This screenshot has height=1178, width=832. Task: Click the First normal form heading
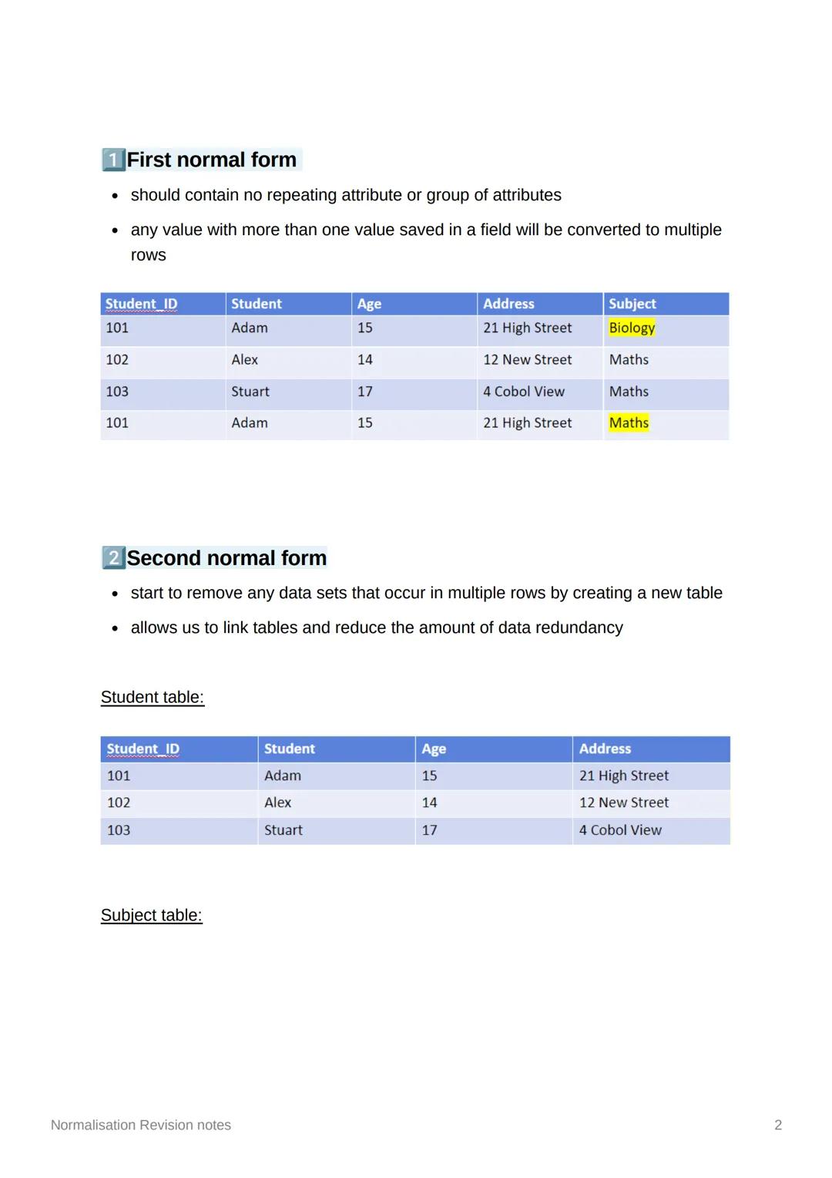coord(211,160)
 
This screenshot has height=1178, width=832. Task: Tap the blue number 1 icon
coord(113,160)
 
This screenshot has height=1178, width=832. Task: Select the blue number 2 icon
coord(113,557)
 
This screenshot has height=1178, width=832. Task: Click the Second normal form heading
coord(226,557)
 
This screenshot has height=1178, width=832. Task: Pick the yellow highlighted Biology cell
coord(632,328)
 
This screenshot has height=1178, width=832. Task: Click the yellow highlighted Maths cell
coord(629,422)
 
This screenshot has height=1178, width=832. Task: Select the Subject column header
coord(632,304)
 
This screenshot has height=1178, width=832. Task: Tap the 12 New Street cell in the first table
coord(527,360)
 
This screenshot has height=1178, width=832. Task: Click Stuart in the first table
coord(250,392)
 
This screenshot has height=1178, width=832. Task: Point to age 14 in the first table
coord(365,360)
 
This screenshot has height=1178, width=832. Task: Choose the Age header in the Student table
coord(434,749)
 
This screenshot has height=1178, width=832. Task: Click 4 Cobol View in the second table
coord(620,830)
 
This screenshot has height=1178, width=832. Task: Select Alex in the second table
coord(277,803)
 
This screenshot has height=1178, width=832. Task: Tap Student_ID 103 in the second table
coord(119,830)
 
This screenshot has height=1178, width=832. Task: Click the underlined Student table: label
coord(153,697)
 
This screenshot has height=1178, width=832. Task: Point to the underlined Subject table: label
coord(151,915)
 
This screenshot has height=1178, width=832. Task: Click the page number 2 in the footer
coord(778,1125)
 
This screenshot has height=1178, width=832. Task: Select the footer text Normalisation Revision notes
coord(141,1125)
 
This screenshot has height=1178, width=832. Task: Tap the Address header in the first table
coord(508,304)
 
